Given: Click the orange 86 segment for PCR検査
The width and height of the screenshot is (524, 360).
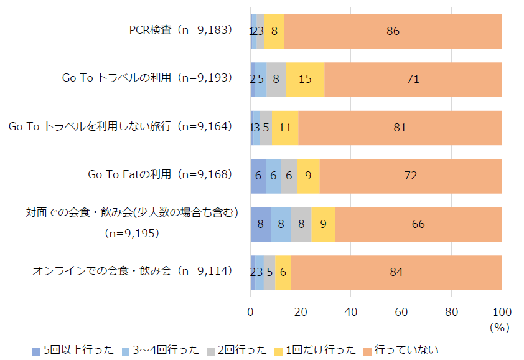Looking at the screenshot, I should point(393,31).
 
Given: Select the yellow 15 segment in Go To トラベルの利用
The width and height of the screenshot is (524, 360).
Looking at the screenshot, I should point(305,79).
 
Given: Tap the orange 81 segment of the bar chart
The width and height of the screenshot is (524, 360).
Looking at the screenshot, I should point(400,128).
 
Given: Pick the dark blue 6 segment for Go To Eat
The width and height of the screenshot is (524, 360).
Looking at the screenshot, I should point(258,176).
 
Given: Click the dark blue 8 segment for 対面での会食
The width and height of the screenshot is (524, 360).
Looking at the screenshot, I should point(260,224).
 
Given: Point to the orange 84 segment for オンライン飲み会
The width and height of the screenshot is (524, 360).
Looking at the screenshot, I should point(396,272).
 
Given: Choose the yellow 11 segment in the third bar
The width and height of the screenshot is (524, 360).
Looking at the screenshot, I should point(285,128).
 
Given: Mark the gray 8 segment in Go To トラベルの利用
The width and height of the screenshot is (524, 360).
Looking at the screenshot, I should point(276,79).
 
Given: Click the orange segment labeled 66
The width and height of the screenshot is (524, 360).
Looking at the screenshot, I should point(418,224).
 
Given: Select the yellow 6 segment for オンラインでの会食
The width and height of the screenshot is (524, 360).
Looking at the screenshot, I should point(283,272).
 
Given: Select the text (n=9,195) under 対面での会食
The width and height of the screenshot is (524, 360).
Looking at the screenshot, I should point(132,234).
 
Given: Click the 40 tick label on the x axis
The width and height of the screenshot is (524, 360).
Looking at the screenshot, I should point(350,311).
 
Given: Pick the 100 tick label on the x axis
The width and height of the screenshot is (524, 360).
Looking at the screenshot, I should point(502,311).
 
